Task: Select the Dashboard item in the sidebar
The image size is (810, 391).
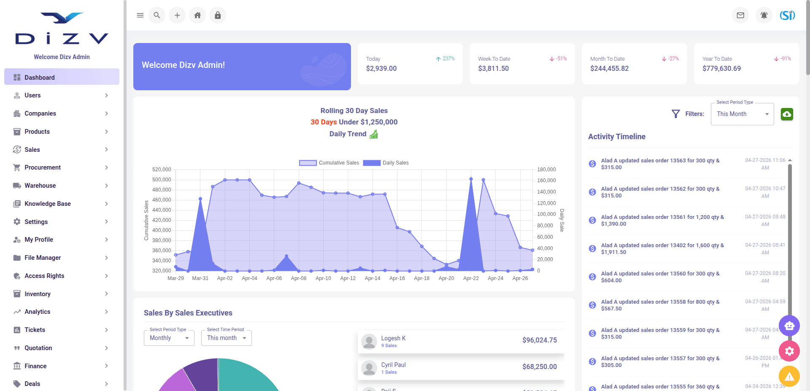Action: coord(62,77)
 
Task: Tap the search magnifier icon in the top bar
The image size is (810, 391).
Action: coord(157,15)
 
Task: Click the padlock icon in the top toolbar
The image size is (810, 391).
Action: coord(218,15)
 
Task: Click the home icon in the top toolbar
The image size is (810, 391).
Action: coord(197,15)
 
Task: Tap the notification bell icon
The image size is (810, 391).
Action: coord(764,15)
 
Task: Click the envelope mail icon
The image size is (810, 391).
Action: coord(740,15)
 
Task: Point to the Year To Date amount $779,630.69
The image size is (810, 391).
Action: coord(721,68)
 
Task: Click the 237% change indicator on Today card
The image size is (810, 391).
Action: coord(445,59)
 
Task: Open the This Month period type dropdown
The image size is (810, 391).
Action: coord(742,114)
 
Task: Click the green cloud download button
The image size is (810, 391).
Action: coord(787,114)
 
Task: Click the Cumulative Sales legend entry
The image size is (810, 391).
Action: coord(329,163)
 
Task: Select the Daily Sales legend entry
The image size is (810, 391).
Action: coord(386,163)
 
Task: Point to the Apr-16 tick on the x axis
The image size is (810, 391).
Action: coord(397,278)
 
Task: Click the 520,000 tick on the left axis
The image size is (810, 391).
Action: coord(162,170)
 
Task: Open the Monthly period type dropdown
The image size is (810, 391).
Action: coord(169,338)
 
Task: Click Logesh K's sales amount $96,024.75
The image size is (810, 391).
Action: coord(540,340)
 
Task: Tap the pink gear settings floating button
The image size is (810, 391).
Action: coord(789,351)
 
